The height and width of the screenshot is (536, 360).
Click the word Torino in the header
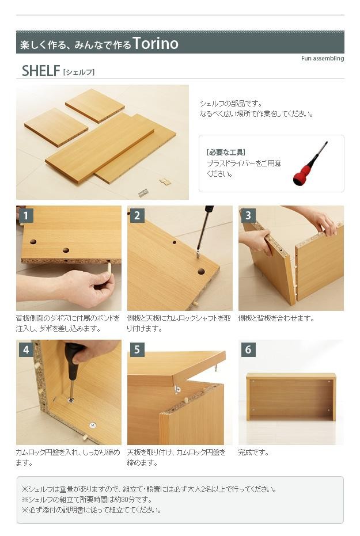point(156,43)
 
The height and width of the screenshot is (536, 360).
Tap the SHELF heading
point(41,71)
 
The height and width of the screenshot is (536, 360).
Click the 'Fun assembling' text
point(323,59)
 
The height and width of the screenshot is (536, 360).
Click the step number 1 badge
point(26,216)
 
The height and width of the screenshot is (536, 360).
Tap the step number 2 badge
point(137,216)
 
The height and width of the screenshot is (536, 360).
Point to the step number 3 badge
point(248,216)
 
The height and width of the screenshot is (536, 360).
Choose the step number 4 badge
point(26,349)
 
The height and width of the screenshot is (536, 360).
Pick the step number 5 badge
point(137,349)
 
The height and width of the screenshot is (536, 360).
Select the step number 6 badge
point(248,349)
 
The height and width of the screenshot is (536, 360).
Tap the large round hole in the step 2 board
point(201,272)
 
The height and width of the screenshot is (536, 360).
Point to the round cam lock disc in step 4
point(92,425)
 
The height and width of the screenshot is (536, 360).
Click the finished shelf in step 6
point(291,397)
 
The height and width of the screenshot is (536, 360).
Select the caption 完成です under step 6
point(253,453)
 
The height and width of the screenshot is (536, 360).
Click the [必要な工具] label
point(226,153)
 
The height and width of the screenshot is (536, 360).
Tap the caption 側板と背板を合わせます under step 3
point(276,318)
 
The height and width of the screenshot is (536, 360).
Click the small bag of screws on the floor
point(144,193)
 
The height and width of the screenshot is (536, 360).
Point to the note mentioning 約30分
point(87,499)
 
